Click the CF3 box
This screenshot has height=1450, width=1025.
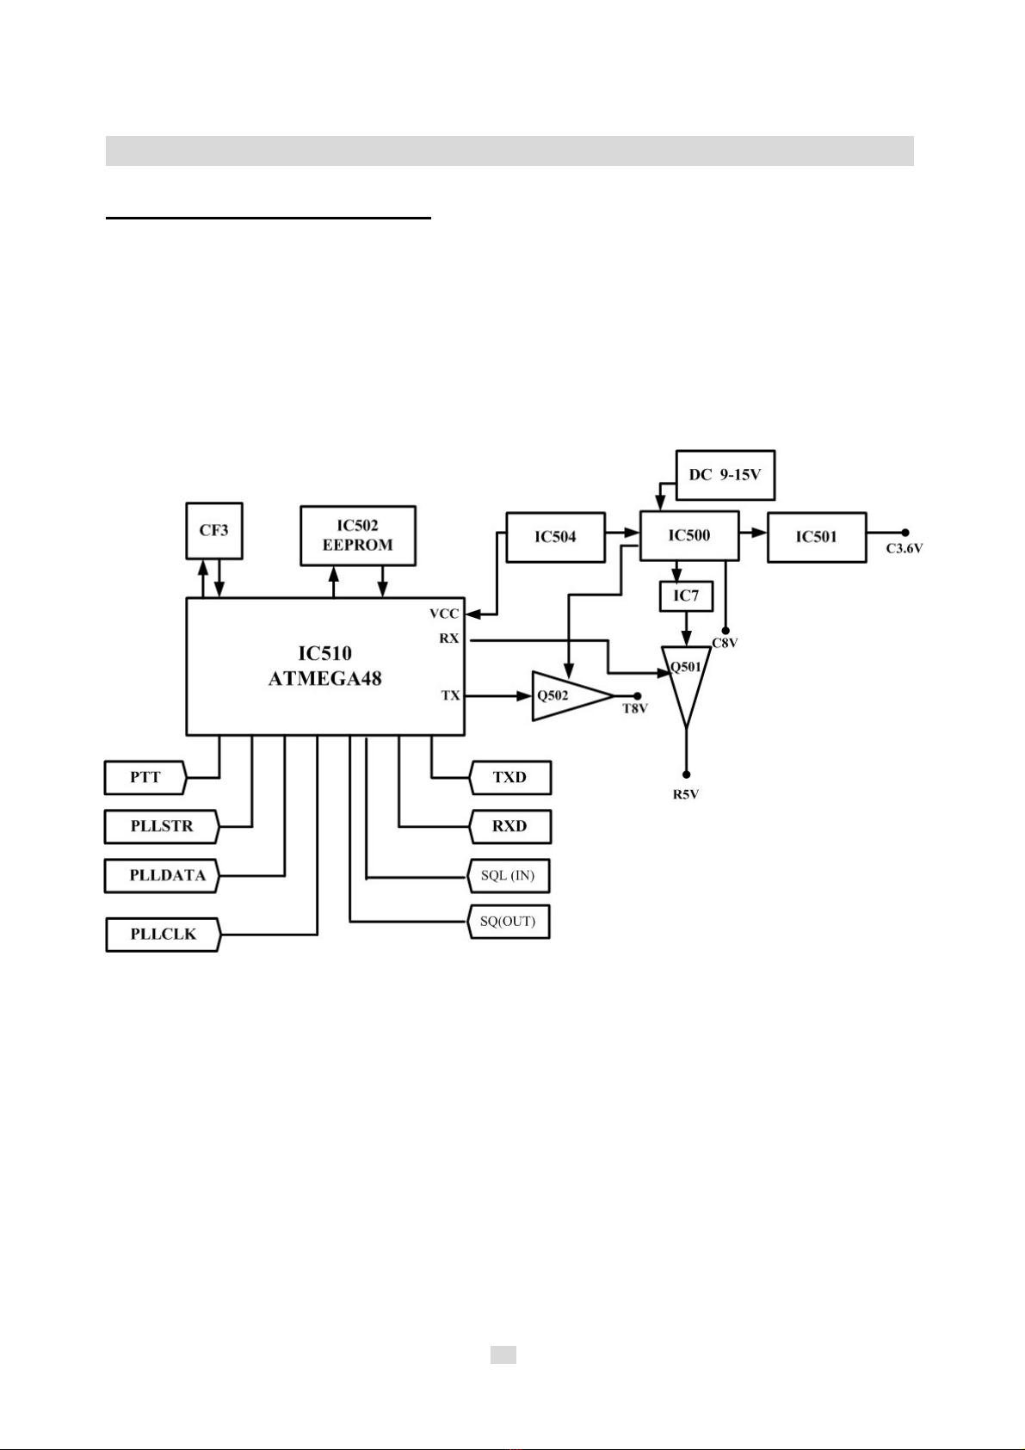pyautogui.click(x=214, y=531)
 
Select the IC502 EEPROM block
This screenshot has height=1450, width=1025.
pyautogui.click(x=357, y=535)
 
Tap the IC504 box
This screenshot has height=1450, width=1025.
pyautogui.click(x=555, y=537)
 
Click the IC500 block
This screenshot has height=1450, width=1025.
pyautogui.click(x=688, y=535)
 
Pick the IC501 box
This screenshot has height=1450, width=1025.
pyautogui.click(x=816, y=537)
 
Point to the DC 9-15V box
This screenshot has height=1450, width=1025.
pyautogui.click(x=725, y=474)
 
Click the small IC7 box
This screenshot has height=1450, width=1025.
pyautogui.click(x=686, y=595)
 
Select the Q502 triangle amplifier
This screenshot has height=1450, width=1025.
pyautogui.click(x=564, y=695)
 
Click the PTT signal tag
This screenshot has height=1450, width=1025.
pyautogui.click(x=145, y=777)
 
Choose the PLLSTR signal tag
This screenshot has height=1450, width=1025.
pyautogui.click(x=162, y=826)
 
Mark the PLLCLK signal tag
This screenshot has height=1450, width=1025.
pyautogui.click(x=163, y=934)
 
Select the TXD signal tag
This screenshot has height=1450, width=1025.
pyautogui.click(x=509, y=777)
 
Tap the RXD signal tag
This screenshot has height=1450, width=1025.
pyautogui.click(x=509, y=826)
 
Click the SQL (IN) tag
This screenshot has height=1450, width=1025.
pyautogui.click(x=508, y=875)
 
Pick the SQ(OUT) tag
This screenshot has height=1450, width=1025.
pyautogui.click(x=508, y=922)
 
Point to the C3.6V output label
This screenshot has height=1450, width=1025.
pyautogui.click(x=905, y=548)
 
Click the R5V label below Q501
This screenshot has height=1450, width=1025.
pyautogui.click(x=686, y=794)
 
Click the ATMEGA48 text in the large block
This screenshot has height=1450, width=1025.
pyautogui.click(x=324, y=678)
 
